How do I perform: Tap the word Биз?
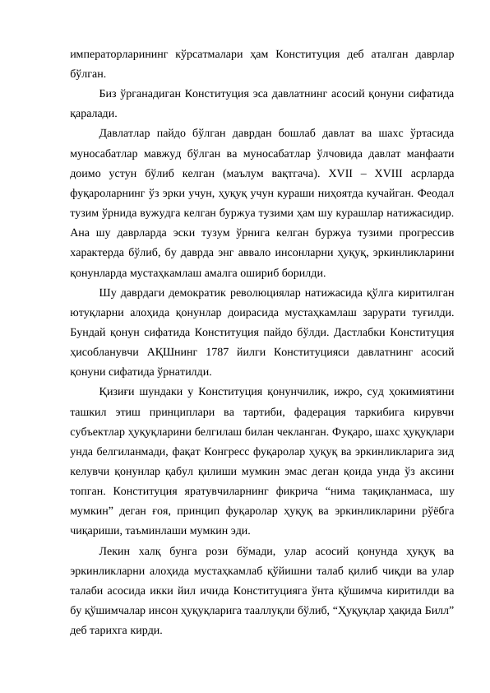[x=107, y=91]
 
